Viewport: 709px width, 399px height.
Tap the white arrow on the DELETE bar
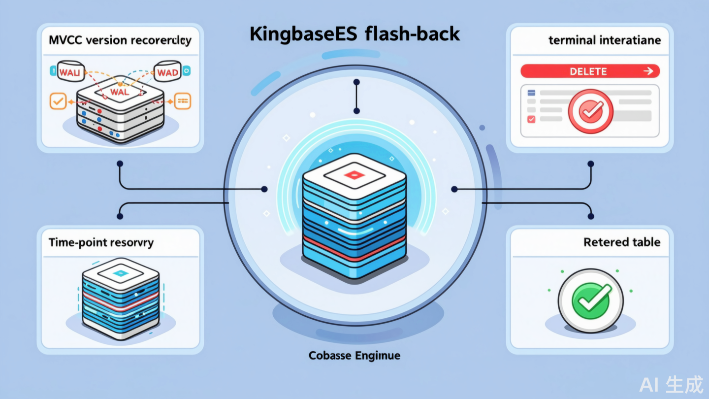pyautogui.click(x=648, y=71)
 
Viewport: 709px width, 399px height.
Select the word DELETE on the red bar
pyautogui.click(x=588, y=71)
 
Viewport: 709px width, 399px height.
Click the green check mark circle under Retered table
pyautogui.click(x=590, y=300)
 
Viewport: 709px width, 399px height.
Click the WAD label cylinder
pyautogui.click(x=168, y=73)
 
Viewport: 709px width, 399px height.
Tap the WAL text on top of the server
pyautogui.click(x=120, y=92)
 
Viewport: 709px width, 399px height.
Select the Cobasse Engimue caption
pyautogui.click(x=354, y=355)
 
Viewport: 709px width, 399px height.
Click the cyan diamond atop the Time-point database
pyautogui.click(x=120, y=273)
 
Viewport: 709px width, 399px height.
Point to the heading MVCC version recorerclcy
pyautogui.click(x=120, y=41)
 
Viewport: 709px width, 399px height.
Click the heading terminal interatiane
pyautogui.click(x=605, y=41)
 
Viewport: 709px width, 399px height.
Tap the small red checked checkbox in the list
pyautogui.click(x=531, y=119)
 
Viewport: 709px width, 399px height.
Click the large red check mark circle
pyautogui.click(x=590, y=111)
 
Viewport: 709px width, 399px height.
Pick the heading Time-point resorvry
pyautogui.click(x=101, y=242)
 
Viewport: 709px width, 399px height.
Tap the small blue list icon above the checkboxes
pyautogui.click(x=531, y=93)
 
